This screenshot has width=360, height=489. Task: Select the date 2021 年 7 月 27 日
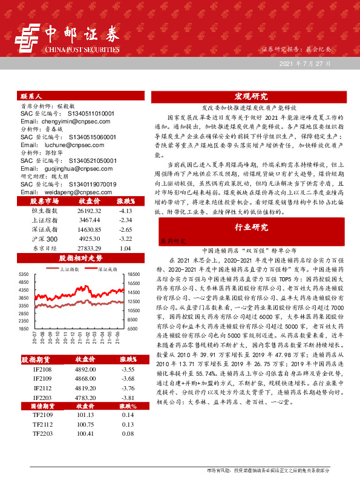(305, 64)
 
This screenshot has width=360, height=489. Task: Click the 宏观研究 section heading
(251, 96)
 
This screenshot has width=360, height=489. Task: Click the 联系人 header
(31, 96)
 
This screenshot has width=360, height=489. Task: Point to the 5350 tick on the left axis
(23, 274)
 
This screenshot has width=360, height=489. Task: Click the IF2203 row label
(42, 398)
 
